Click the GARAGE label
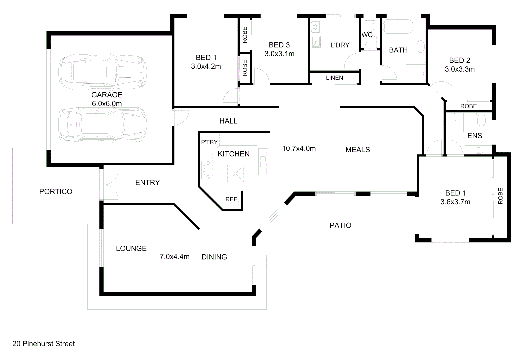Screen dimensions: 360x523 pos(107,95)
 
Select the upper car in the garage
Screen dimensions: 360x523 pos(103,71)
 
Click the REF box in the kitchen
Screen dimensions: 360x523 pos(231,199)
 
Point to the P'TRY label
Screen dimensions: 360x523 pos(209,142)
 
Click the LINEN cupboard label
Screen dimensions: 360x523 pos(334,78)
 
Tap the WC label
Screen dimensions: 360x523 pos(367,35)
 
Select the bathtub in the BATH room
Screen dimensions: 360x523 pos(398,26)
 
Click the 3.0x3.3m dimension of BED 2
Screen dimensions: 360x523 pos(460,69)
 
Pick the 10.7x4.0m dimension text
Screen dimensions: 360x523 pos(299,149)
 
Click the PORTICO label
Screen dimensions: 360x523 pos(56,192)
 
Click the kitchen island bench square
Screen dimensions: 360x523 pos(235,173)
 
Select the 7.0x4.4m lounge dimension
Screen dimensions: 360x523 pos(174,257)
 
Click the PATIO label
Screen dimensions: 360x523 pos(340,226)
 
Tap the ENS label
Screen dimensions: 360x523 pos(475,136)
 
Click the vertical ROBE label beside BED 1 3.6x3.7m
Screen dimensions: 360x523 pos(500,196)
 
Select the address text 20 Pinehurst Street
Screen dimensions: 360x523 pos(44,344)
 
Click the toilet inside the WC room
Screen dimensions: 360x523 pos(370,26)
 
